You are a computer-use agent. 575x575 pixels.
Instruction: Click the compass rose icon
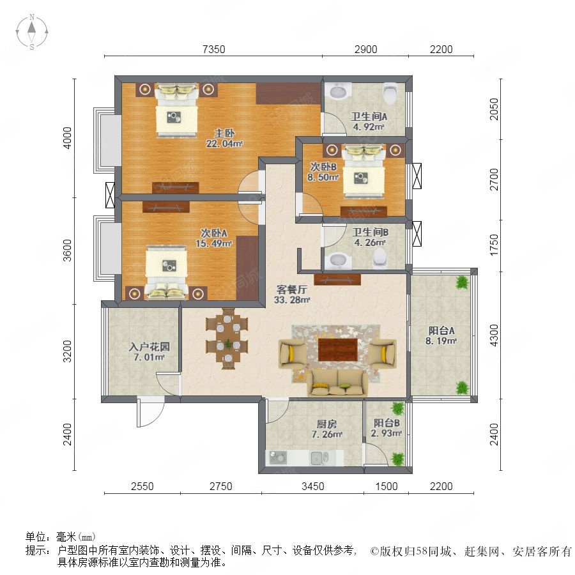(x=32, y=32)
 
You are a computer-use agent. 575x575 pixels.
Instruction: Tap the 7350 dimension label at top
(x=214, y=49)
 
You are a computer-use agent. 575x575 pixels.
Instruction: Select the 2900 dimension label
(x=365, y=49)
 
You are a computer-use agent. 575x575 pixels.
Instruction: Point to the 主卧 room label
(x=224, y=133)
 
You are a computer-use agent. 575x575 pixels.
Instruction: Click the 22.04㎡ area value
(x=224, y=143)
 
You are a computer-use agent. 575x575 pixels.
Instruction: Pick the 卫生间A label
(x=369, y=117)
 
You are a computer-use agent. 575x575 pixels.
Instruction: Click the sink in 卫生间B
(x=339, y=260)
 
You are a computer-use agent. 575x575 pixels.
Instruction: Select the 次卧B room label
(x=323, y=167)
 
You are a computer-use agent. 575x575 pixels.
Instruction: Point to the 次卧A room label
(x=214, y=233)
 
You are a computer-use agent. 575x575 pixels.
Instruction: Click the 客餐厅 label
(x=292, y=289)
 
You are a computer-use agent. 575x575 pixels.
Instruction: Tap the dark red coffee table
(x=338, y=349)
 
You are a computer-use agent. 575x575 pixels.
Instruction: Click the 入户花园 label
(x=149, y=346)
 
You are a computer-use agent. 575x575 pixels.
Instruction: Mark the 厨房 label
(x=326, y=424)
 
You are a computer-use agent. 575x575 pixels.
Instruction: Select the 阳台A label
(x=441, y=330)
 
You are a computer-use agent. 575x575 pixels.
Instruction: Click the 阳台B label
(x=387, y=423)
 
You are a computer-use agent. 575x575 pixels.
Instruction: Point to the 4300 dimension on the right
(x=494, y=335)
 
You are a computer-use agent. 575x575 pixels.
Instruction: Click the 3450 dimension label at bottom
(x=313, y=486)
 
